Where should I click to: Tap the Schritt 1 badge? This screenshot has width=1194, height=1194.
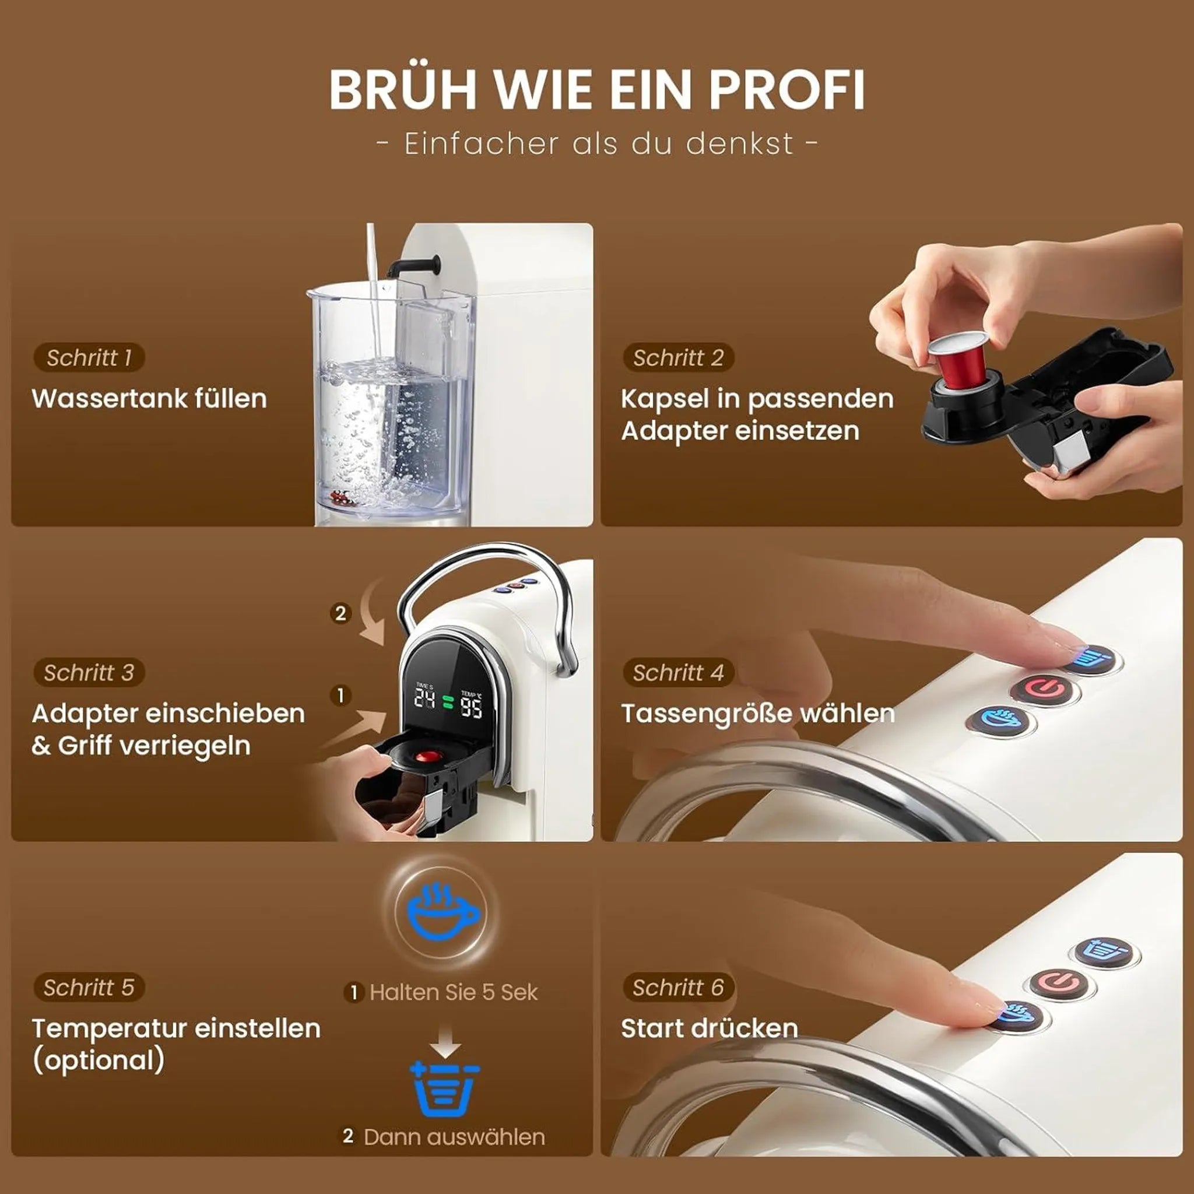(x=89, y=357)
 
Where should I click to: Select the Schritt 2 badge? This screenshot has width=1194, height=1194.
(x=678, y=357)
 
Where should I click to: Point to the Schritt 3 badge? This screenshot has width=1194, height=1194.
(x=89, y=672)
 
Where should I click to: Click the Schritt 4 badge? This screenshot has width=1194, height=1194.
(x=678, y=672)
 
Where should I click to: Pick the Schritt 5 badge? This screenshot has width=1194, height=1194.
(x=89, y=988)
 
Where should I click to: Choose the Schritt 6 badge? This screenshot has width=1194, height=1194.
(x=678, y=988)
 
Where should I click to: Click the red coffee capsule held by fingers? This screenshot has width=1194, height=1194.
(x=957, y=361)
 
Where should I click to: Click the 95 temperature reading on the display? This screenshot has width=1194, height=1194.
(x=472, y=708)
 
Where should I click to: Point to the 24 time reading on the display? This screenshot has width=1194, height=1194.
(x=424, y=699)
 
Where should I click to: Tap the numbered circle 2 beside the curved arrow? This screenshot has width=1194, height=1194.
(x=340, y=614)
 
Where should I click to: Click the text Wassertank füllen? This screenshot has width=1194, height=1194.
(x=150, y=399)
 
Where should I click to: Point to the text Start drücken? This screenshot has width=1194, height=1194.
(x=710, y=1029)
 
